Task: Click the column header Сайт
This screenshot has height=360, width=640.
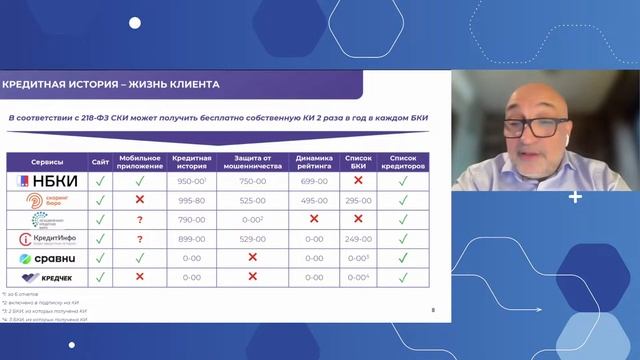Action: (100, 160)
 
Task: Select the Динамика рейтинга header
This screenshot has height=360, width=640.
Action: (314, 160)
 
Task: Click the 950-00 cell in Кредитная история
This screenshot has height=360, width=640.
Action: (190, 181)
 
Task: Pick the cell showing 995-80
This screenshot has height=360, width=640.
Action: (190, 200)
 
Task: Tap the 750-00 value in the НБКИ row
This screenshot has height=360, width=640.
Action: (252, 181)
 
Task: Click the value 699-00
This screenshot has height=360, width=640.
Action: (314, 181)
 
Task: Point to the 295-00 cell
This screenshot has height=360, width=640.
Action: (358, 200)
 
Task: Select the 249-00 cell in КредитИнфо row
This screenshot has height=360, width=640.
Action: (358, 238)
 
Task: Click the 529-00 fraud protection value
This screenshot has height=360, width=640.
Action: (252, 238)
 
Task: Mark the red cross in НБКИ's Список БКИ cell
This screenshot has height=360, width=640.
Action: (358, 181)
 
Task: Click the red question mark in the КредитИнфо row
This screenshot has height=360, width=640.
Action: (140, 238)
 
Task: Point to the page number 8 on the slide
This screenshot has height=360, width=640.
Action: (433, 311)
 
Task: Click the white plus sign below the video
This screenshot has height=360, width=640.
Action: (575, 197)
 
